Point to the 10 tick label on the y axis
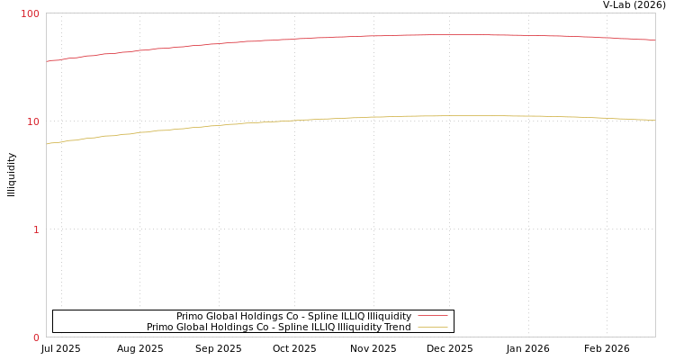33,121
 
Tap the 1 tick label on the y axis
36,229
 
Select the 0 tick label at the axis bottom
36,337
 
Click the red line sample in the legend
432,316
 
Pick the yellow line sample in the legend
432,327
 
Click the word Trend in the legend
397,327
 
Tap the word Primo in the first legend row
190,316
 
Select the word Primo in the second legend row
160,327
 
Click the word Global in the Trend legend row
193,327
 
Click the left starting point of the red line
47,61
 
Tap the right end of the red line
654,40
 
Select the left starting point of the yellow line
47,143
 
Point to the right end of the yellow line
654,120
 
